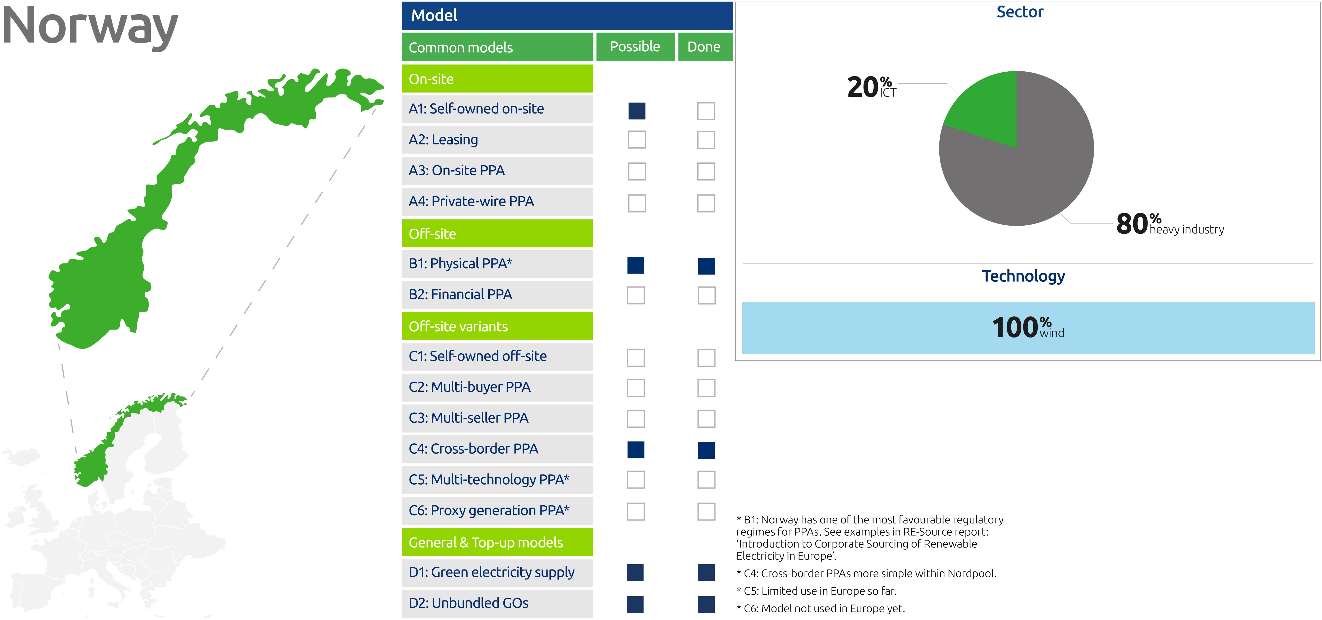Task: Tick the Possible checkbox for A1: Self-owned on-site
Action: (x=637, y=111)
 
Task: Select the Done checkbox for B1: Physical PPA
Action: (x=706, y=266)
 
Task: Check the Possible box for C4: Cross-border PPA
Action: (x=636, y=450)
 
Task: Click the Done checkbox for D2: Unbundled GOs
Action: (x=706, y=604)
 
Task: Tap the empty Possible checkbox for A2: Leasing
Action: (x=637, y=140)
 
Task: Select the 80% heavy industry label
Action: (x=1170, y=224)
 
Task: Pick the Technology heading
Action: (x=1023, y=276)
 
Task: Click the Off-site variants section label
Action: (x=458, y=326)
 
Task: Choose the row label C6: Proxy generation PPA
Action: (x=489, y=511)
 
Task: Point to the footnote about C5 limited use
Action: (x=816, y=591)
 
